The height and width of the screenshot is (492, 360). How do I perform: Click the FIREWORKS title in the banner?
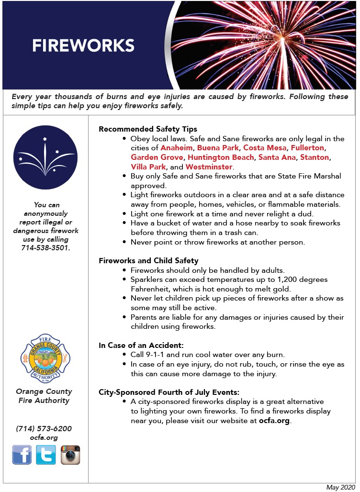[83, 45]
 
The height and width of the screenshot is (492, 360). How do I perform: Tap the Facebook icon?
[22, 455]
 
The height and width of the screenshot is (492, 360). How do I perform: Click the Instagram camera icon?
[70, 455]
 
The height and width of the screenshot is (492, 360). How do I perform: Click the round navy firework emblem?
[45, 157]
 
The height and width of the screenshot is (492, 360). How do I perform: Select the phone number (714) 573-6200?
[44, 428]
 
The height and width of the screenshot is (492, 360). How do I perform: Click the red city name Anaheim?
[177, 148]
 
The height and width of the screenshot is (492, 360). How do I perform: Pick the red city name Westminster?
[209, 167]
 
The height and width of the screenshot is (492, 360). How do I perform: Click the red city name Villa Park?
[148, 167]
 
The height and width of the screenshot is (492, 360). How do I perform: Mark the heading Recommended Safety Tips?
[148, 129]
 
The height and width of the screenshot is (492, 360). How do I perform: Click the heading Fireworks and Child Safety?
[148, 261]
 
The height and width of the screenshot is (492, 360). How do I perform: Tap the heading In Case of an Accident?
[141, 345]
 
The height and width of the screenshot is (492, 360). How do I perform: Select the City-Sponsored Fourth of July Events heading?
[169, 392]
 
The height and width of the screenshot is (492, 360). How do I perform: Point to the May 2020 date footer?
[341, 487]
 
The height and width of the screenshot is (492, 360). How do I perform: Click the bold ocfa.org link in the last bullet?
[274, 421]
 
